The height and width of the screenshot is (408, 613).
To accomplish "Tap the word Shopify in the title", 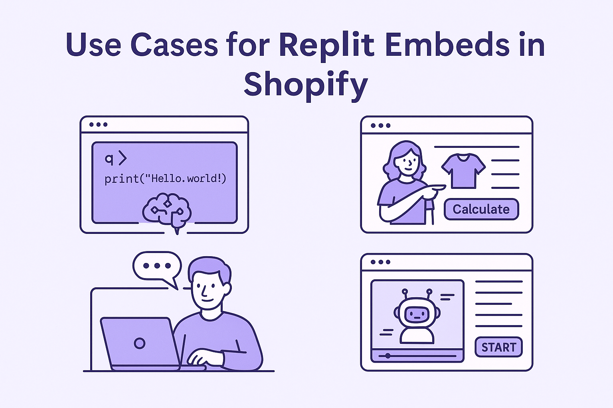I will point(306,84).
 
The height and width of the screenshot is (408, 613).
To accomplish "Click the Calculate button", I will point(481,209).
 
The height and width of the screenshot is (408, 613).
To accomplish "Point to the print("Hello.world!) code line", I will point(165,178).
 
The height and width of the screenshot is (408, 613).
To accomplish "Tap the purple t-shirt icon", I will point(463,170).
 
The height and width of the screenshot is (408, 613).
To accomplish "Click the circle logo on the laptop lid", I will point(139,343).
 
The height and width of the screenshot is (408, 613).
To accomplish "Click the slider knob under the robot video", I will point(388,356).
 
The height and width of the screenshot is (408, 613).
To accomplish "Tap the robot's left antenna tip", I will point(405,291).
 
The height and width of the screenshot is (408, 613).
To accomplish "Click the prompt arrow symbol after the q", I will point(122,159).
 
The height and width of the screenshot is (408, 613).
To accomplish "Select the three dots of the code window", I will point(98,124).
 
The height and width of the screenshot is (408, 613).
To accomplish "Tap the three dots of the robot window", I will point(380,262).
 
